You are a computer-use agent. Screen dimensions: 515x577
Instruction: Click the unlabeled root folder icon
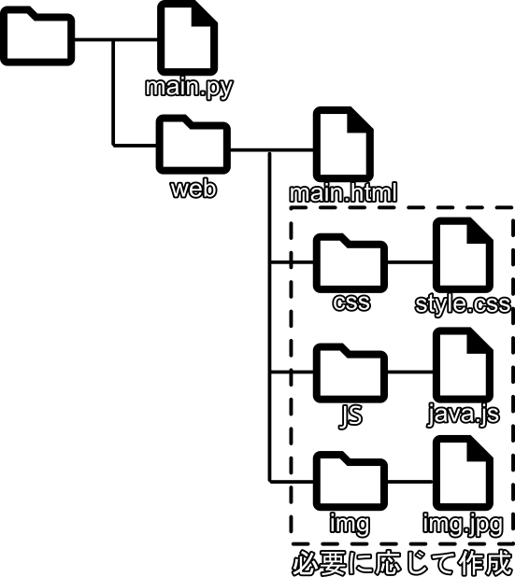pyautogui.click(x=37, y=36)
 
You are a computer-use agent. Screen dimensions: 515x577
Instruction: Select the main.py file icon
pyautogui.click(x=188, y=37)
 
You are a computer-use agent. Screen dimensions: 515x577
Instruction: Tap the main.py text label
pyautogui.click(x=189, y=89)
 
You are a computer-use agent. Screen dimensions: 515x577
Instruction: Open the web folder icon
pyautogui.click(x=193, y=144)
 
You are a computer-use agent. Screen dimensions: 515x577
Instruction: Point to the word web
pyautogui.click(x=193, y=189)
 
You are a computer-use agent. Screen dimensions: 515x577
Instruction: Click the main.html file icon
pyautogui.click(x=343, y=144)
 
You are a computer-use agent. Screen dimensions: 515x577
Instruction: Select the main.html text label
pyautogui.click(x=343, y=193)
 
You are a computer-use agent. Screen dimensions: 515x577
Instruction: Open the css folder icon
pyautogui.click(x=350, y=262)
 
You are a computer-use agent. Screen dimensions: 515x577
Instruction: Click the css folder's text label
pyautogui.click(x=351, y=303)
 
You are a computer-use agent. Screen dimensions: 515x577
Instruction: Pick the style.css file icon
pyautogui.click(x=463, y=255)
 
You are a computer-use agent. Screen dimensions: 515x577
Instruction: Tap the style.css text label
pyautogui.click(x=463, y=304)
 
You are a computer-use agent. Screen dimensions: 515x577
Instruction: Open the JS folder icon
pyautogui.click(x=350, y=373)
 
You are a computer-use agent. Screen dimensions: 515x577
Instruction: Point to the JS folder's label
pyautogui.click(x=350, y=415)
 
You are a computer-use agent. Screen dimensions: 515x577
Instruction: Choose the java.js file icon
pyautogui.click(x=463, y=365)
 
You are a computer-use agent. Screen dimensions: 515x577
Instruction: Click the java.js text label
pyautogui.click(x=464, y=415)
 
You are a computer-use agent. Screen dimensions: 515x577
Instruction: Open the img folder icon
pyautogui.click(x=350, y=481)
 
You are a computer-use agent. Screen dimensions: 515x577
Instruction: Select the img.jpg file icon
pyautogui.click(x=463, y=473)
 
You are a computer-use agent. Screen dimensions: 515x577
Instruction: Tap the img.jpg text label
pyautogui.click(x=463, y=524)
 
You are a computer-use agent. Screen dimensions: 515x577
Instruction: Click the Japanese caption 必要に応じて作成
pyautogui.click(x=403, y=563)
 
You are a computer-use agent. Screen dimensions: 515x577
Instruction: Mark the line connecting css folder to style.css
pyautogui.click(x=410, y=262)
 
